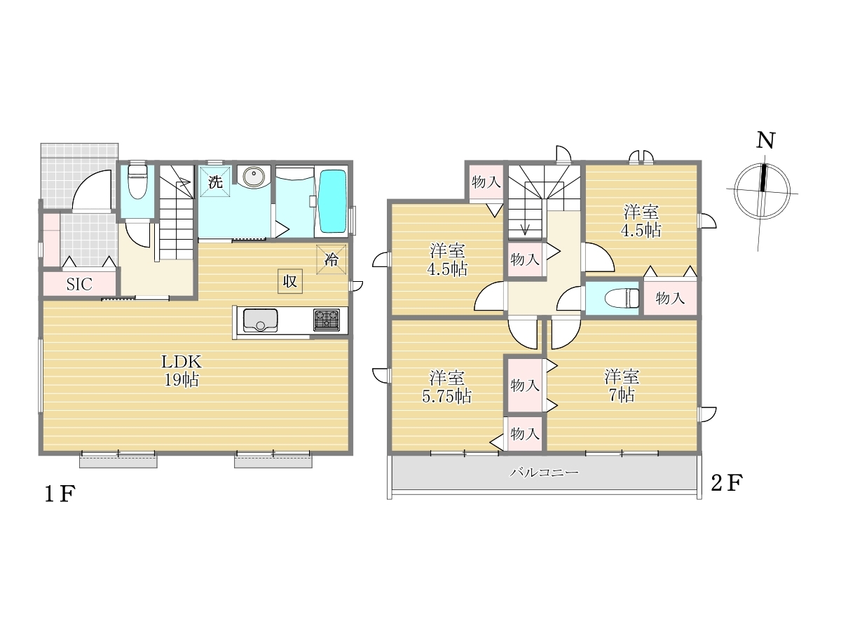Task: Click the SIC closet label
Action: (x=79, y=284)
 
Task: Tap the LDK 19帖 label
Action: (x=182, y=370)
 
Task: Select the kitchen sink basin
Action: (x=261, y=320)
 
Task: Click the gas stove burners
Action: (x=327, y=320)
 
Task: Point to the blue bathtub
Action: (x=333, y=201)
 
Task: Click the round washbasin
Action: (x=253, y=177)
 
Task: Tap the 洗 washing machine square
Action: (x=215, y=182)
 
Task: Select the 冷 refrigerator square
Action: (x=331, y=259)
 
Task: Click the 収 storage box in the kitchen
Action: (x=290, y=281)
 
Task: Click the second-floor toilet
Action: (x=622, y=299)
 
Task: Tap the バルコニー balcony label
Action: (x=544, y=473)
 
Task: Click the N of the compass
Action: (x=765, y=141)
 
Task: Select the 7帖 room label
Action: (x=622, y=386)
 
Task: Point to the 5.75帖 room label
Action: (x=446, y=387)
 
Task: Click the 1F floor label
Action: (x=60, y=494)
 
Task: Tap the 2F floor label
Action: (x=727, y=483)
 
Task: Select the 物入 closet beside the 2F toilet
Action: (x=670, y=298)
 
